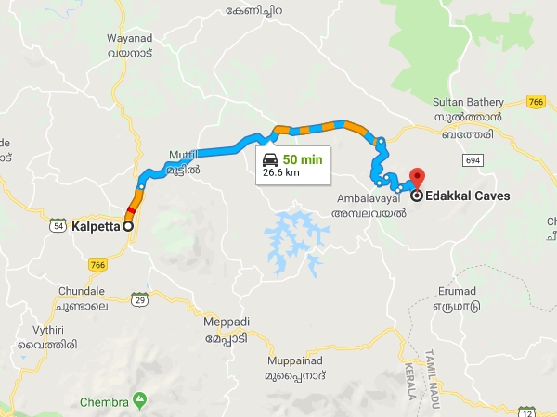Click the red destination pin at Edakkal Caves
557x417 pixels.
(417, 177)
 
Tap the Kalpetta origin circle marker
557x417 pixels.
(128, 225)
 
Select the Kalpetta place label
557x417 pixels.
(97, 225)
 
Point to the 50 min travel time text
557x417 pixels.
(304, 158)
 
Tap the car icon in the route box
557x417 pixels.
(269, 158)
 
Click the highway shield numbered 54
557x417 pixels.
(58, 225)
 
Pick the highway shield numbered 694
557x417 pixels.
(474, 160)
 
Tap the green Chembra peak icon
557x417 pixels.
(139, 399)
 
